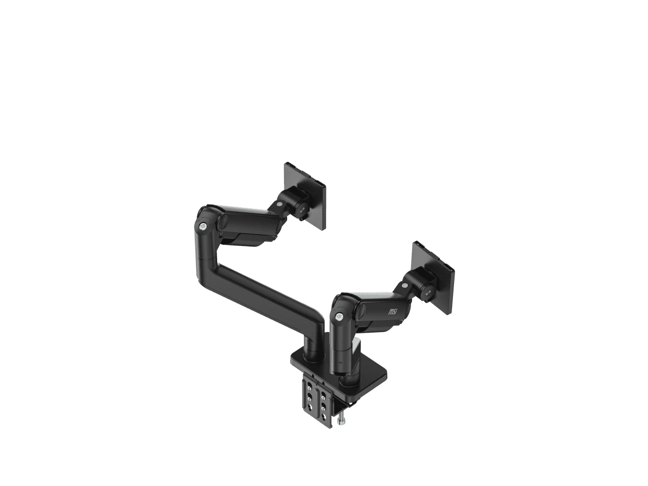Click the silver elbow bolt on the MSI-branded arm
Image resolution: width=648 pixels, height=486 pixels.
click(340, 317)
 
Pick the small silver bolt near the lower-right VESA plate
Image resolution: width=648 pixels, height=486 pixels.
click(404, 286)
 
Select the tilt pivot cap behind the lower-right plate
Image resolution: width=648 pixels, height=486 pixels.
click(428, 293)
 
